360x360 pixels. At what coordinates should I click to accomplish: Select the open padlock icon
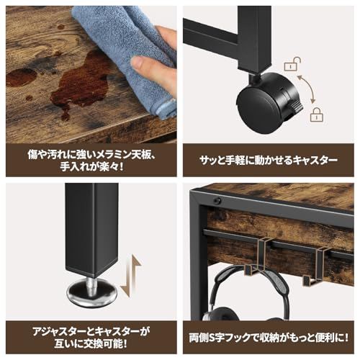[292, 64]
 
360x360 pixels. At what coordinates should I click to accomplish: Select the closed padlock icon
[317, 114]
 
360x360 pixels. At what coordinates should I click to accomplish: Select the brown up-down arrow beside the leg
[131, 276]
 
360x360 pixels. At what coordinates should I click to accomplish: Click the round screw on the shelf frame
[217, 200]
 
